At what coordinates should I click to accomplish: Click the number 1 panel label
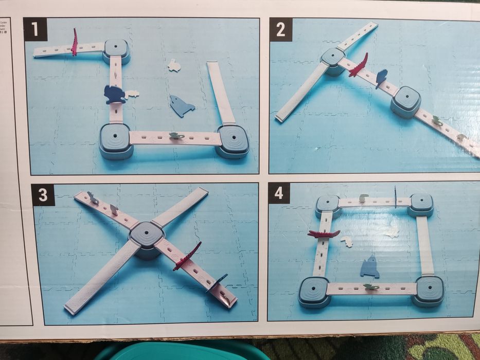pos(35,29)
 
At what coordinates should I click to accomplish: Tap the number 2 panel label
pos(281,29)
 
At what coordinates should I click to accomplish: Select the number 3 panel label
pos(43,195)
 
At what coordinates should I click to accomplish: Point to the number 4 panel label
pos(279,193)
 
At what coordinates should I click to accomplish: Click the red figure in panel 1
pos(75,43)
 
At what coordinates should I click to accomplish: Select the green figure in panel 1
pos(175,136)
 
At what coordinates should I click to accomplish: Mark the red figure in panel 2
pos(359,66)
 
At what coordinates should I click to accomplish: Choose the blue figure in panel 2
pos(381,78)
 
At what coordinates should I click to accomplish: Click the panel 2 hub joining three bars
pos(333,60)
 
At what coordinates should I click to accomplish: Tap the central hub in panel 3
pos(147,237)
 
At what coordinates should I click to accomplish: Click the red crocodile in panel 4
pos(324,234)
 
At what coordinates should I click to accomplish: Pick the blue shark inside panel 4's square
pos(369,267)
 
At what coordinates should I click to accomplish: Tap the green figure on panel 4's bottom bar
pos(370,286)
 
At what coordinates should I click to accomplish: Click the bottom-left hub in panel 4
pos(314,291)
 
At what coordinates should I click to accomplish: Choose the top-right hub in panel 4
pos(421,204)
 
